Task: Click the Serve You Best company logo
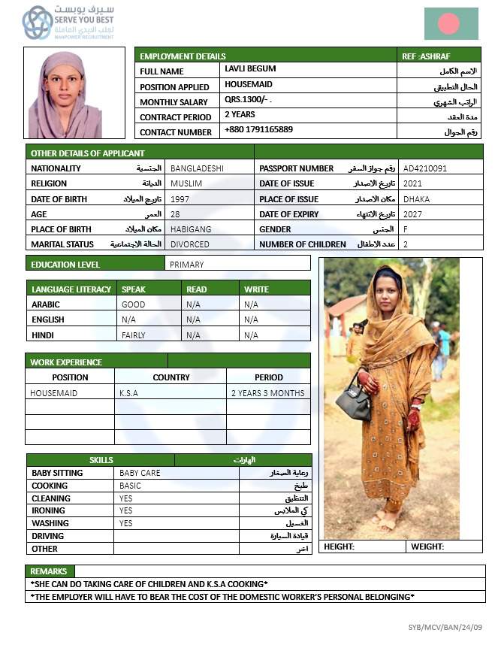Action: tap(38, 23)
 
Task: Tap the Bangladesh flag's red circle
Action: tap(448, 23)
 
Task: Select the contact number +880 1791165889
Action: tap(258, 130)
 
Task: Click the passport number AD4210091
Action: tap(424, 168)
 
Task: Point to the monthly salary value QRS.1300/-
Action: tap(247, 100)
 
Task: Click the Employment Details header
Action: tap(183, 56)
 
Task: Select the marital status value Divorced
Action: tap(190, 244)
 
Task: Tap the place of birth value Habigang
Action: tap(191, 229)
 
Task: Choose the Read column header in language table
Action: tap(197, 289)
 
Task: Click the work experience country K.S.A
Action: tap(128, 393)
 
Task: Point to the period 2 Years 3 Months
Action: tap(267, 393)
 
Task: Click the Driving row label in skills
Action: tap(48, 536)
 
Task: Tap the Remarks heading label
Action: tap(49, 571)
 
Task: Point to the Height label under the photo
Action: tap(339, 547)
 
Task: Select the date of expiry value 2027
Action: tap(412, 214)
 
